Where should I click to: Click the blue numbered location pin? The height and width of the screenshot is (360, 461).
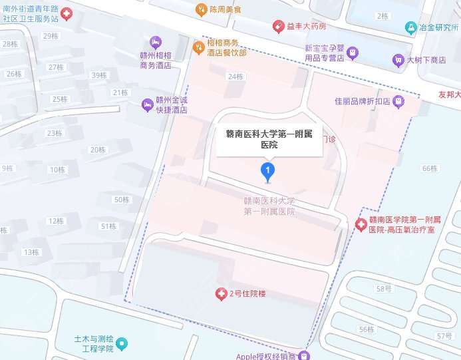(267, 172)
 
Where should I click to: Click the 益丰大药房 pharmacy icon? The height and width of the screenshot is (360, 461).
(280, 26)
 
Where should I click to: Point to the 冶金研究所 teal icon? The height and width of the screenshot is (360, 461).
(411, 28)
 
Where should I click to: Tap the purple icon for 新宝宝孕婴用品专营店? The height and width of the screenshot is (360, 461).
(353, 51)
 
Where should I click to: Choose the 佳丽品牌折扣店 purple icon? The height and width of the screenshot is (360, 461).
(398, 101)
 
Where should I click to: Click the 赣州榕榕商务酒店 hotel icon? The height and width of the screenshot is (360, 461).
(156, 43)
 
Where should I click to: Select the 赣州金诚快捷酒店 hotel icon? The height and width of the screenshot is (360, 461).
(147, 104)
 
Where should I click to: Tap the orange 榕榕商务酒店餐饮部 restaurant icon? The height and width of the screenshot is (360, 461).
(198, 47)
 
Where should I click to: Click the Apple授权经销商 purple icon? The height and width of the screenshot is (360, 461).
(304, 355)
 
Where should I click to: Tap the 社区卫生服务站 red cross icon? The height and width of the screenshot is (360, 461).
(67, 14)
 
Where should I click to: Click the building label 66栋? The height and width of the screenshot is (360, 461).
(429, 168)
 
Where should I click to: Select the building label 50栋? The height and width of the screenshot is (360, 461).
(122, 200)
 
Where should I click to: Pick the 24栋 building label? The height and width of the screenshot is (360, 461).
(235, 77)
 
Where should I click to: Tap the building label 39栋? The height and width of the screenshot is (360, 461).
(98, 75)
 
